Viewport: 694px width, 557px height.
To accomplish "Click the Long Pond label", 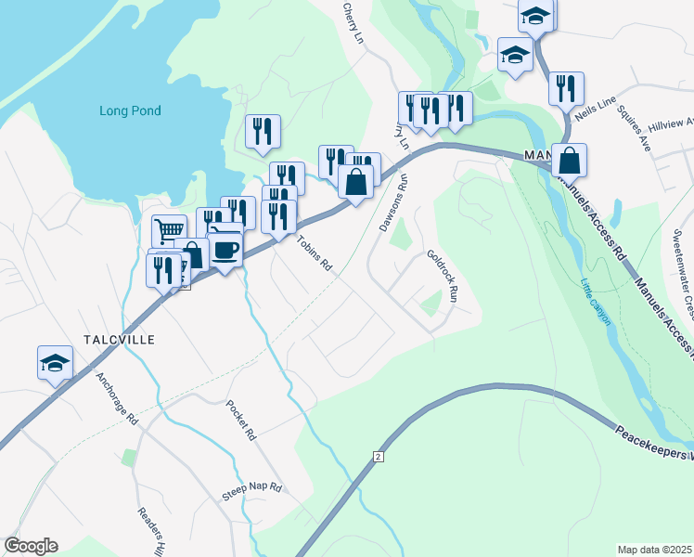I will pyautogui.click(x=130, y=111).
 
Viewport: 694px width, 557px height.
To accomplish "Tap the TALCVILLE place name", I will pyautogui.click(x=118, y=341).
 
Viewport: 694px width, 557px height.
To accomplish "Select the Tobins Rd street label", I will pyautogui.click(x=315, y=252).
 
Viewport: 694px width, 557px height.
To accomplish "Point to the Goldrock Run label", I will pyautogui.click(x=443, y=276).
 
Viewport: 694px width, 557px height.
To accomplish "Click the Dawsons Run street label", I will pyautogui.click(x=393, y=205).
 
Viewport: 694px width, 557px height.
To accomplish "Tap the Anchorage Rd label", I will pyautogui.click(x=116, y=398).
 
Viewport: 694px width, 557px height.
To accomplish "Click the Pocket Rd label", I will pyautogui.click(x=240, y=420).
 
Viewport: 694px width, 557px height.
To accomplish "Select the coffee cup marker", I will pyautogui.click(x=225, y=249).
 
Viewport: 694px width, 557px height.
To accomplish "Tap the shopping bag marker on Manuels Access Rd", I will pyautogui.click(x=569, y=161).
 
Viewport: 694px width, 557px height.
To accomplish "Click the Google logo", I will pyautogui.click(x=31, y=546).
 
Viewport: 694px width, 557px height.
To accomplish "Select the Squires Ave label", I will pyautogui.click(x=636, y=136).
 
